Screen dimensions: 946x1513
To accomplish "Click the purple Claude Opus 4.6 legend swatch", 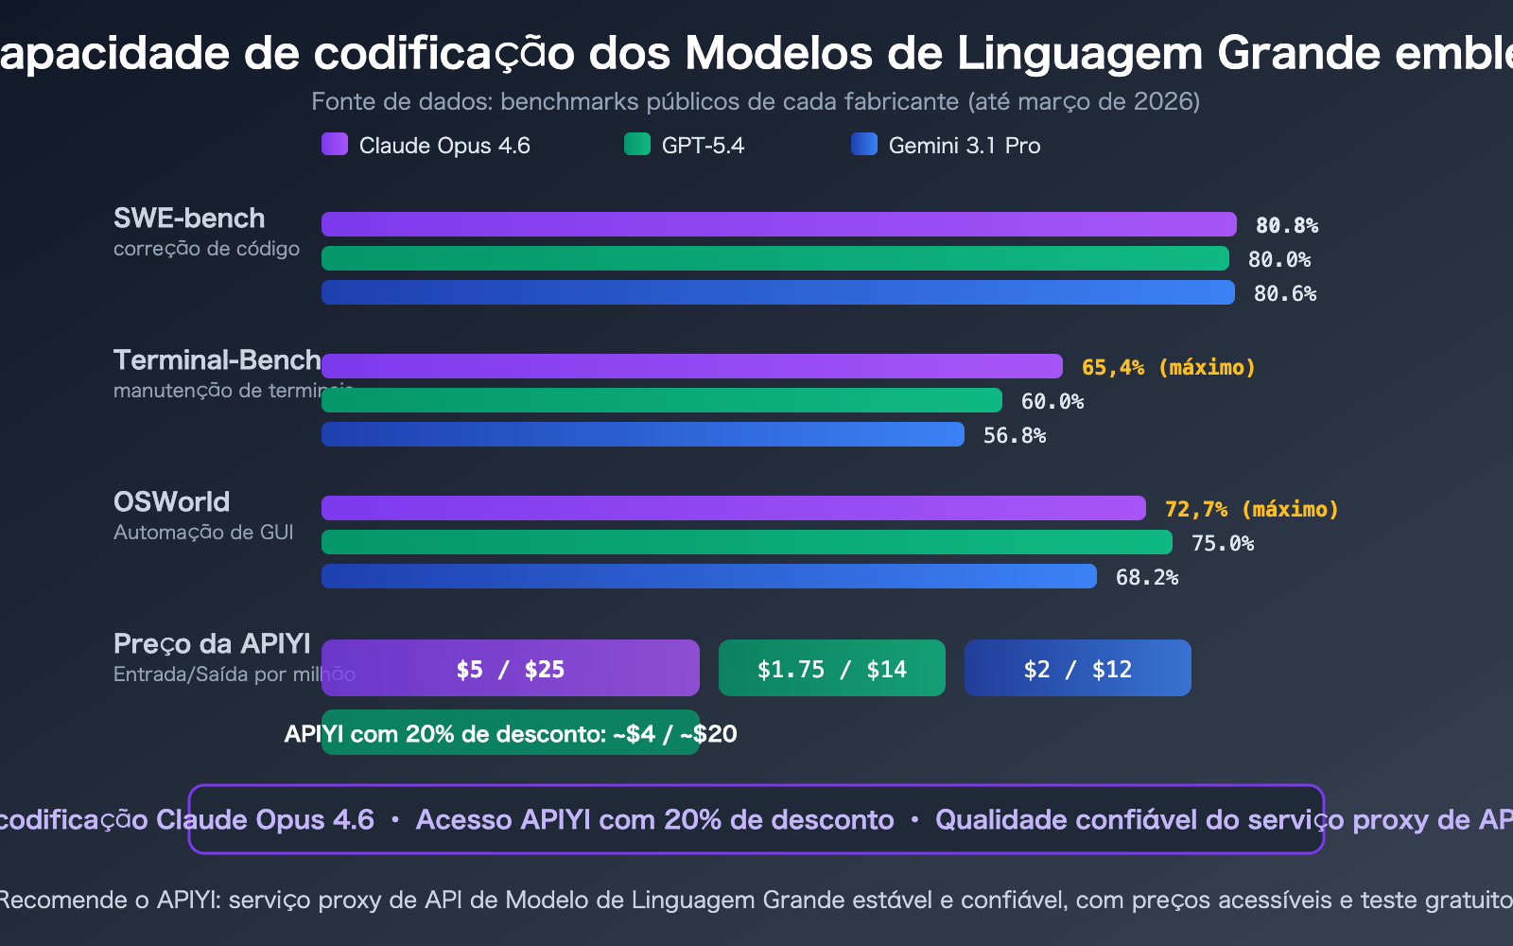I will pos(335,144).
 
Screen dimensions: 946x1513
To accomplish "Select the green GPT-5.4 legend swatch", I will pos(637,144).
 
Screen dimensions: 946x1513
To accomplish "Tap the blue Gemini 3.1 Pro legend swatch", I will pos(864,144).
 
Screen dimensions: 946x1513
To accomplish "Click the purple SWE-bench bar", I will pos(778,224).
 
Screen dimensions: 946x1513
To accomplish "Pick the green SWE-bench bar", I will pos(774,258).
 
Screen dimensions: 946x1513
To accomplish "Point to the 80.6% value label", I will pos(1284,293).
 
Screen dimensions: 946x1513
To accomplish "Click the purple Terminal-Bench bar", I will pos(691,366).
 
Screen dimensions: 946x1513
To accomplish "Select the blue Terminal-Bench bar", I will pos(642,434).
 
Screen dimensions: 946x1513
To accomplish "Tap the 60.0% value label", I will pos(1052,401).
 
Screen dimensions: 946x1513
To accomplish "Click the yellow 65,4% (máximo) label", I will pos(1168,367).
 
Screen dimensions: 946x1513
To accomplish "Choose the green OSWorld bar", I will pos(746,542).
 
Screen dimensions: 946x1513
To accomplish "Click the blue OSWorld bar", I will pos(708,576).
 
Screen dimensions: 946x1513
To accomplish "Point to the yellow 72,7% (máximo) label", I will pos(1251,509).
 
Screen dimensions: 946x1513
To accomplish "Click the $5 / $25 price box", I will pos(511,669).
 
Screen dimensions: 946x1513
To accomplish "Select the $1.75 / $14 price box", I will pos(831,669).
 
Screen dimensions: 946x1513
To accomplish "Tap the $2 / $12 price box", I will pos(1077,669).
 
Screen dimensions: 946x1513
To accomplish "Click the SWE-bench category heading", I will pos(189,219).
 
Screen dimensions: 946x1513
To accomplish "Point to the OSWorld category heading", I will pos(171,502).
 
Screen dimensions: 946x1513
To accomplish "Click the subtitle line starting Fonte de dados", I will pos(756,101).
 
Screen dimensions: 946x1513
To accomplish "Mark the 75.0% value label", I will pos(1222,543).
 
